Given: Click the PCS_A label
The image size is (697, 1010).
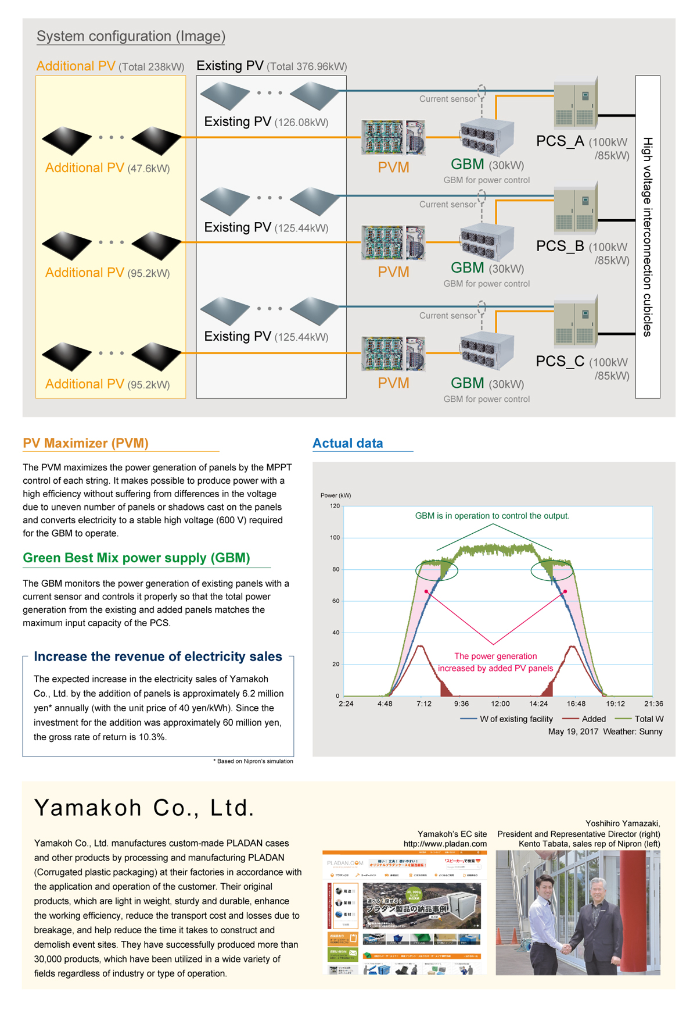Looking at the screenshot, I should [x=560, y=141].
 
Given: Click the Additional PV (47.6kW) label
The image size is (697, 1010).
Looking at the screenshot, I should [x=107, y=168].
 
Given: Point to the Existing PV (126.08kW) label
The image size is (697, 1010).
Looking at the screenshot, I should [x=266, y=122].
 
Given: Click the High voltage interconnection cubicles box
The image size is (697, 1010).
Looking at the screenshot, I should [x=648, y=237].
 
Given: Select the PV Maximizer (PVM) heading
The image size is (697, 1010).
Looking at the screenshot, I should [x=85, y=443].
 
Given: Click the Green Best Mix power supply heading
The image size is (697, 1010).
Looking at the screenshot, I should [x=136, y=558].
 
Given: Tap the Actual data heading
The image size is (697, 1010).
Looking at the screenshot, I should [x=347, y=443].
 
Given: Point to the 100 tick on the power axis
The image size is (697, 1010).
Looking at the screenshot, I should [x=335, y=537].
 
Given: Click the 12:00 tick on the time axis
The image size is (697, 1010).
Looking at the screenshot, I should [x=500, y=704].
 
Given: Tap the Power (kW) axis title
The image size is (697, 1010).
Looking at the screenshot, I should [x=336, y=495].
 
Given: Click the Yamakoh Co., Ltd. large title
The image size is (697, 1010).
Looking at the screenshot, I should [x=145, y=808].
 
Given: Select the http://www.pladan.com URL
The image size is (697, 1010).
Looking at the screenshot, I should [x=445, y=844].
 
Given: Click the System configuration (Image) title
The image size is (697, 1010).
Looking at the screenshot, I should [x=131, y=36].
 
